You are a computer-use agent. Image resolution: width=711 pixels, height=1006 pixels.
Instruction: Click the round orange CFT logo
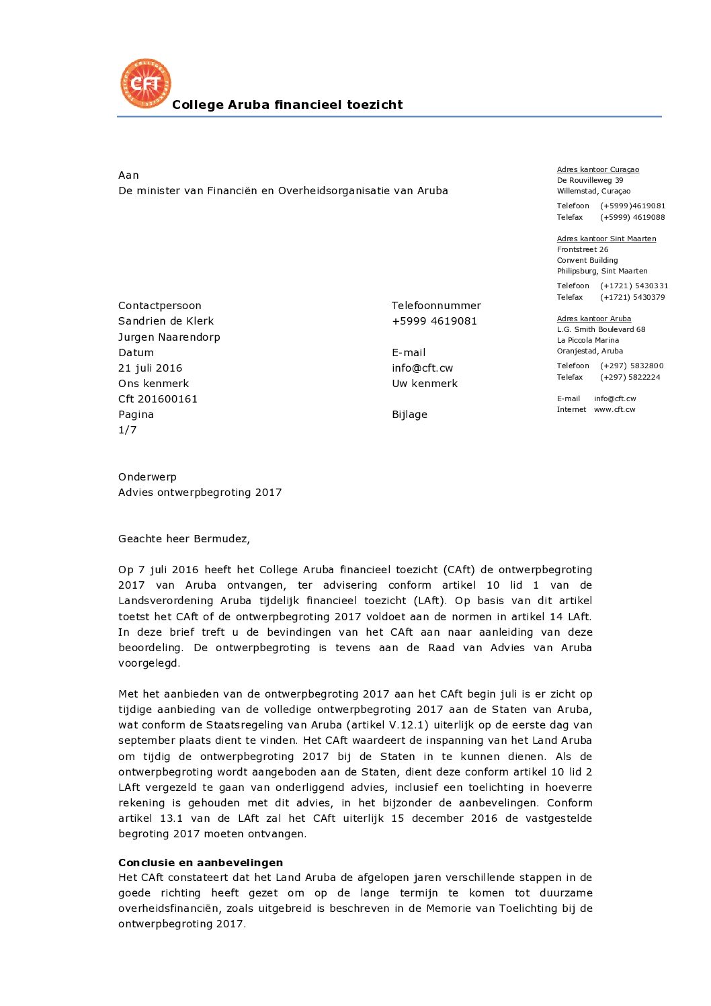coord(146,84)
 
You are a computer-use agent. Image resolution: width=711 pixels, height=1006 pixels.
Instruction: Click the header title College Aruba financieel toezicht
coord(287,105)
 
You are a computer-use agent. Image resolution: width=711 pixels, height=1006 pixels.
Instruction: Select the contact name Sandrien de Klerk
coord(166,321)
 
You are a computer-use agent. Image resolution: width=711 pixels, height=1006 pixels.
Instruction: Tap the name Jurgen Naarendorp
coord(169,337)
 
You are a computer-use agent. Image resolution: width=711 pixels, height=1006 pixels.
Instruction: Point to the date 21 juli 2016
coord(150,368)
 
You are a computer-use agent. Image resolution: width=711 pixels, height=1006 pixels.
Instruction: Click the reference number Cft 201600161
coord(158,399)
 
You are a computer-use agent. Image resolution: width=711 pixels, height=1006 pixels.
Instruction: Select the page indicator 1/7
coord(128,430)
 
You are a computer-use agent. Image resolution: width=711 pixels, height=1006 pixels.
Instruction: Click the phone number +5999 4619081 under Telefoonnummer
coord(434,321)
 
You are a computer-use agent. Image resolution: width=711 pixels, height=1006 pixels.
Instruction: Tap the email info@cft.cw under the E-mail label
coord(422,368)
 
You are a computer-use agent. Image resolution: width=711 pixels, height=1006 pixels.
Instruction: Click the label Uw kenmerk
coord(425,384)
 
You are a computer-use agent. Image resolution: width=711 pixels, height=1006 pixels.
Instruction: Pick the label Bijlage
coord(409,415)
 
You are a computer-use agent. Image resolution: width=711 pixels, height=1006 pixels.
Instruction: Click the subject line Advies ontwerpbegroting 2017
coord(200,493)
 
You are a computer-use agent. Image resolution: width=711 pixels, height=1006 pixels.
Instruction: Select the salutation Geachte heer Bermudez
coord(183,539)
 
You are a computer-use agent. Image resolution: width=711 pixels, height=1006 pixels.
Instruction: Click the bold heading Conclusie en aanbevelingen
coord(200,863)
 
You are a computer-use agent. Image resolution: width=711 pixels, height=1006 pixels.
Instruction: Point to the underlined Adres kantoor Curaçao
coord(597,170)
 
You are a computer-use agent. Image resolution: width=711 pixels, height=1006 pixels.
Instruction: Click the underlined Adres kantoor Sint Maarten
coord(606,239)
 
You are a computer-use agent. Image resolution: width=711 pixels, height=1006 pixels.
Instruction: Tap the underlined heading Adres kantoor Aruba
coord(593,319)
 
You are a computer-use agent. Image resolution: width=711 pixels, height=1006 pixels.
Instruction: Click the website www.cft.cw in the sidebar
coord(614,410)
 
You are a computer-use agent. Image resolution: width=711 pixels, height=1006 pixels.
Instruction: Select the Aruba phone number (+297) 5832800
coord(632,366)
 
